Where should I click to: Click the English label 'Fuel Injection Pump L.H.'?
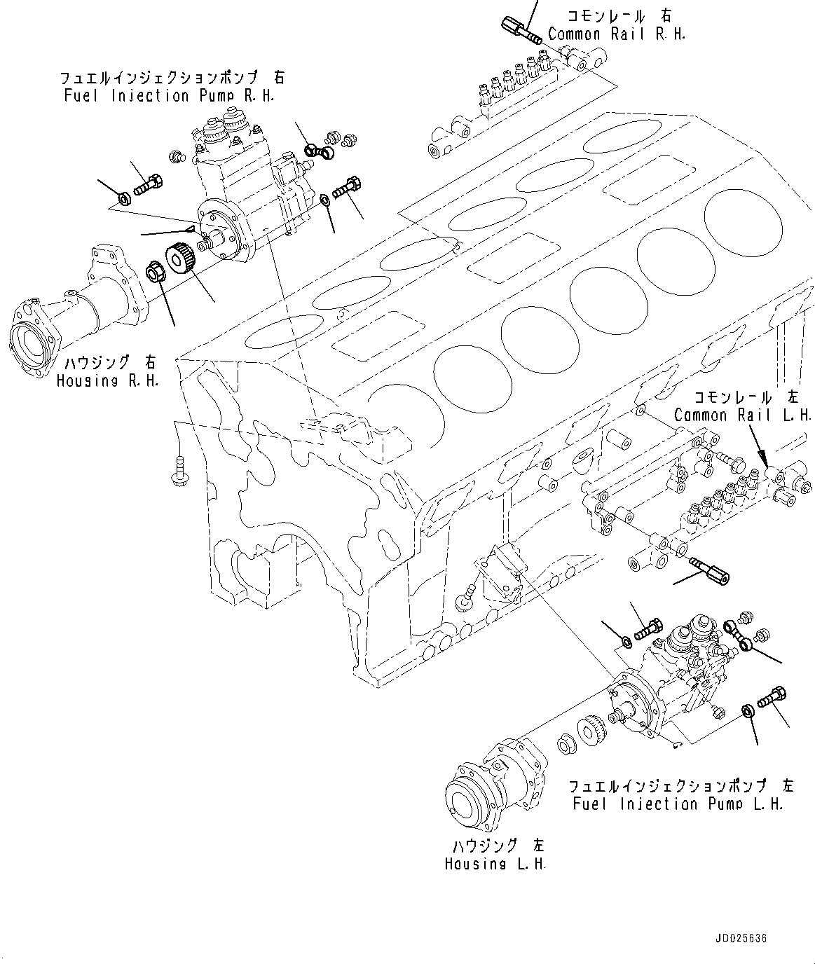(x=677, y=804)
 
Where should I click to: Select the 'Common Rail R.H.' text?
(x=616, y=34)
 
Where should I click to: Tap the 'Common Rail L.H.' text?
(x=741, y=415)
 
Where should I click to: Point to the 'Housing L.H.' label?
(x=495, y=864)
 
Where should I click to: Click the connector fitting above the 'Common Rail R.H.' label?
(x=519, y=29)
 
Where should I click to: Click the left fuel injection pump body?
(x=673, y=673)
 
